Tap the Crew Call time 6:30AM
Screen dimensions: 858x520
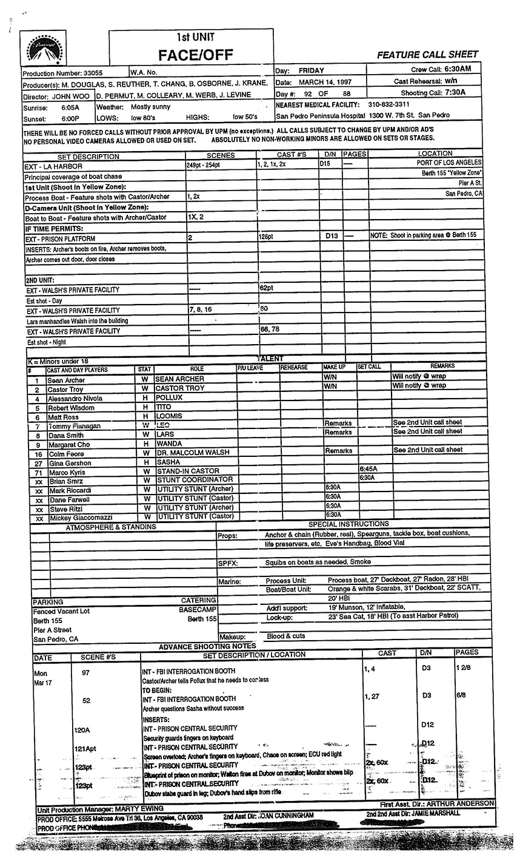454,70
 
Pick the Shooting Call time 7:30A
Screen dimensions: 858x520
453,93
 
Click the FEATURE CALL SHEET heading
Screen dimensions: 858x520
427,55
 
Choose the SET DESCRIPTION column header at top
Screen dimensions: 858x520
88,156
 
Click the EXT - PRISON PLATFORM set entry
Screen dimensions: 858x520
61,238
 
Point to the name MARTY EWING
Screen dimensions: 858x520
139,809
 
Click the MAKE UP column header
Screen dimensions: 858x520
334,368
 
